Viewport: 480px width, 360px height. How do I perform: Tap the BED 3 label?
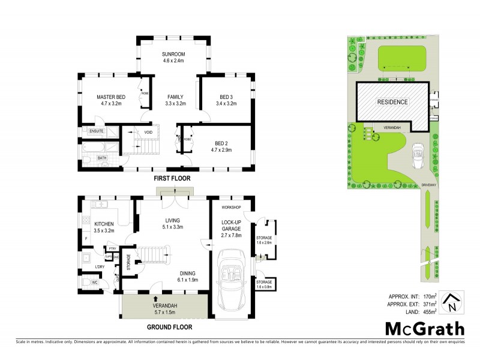226,97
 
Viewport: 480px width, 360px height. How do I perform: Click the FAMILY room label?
175,97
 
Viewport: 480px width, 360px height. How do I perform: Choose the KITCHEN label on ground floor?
105,223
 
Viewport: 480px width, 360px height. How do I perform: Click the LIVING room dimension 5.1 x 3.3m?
172,227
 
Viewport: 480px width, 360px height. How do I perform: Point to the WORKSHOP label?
231,208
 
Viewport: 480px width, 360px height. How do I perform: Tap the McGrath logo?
424,329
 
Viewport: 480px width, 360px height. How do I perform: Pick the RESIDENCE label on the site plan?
392,102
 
